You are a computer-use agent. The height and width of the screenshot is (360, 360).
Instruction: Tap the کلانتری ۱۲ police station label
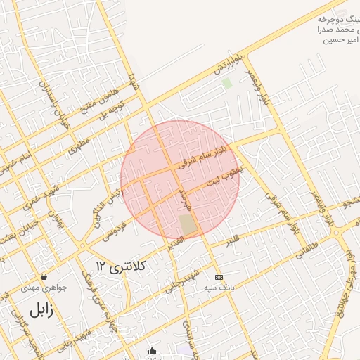(120, 266)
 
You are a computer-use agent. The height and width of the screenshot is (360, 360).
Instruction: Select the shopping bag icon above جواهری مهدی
(44, 276)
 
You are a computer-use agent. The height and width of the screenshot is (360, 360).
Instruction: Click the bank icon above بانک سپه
(218, 277)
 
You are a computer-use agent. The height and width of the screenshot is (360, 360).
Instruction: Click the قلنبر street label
(233, 240)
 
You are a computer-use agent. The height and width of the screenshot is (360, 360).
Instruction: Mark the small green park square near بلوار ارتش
(226, 83)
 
